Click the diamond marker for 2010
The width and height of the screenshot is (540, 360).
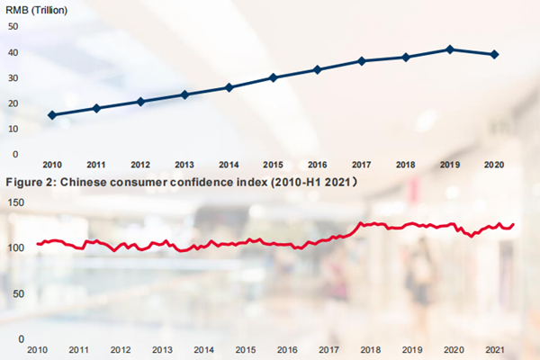[52, 115]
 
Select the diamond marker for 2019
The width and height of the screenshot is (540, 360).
[450, 49]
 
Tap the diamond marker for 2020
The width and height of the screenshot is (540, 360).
[494, 55]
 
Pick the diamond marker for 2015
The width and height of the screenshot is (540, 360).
[273, 77]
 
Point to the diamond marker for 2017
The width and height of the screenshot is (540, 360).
[362, 61]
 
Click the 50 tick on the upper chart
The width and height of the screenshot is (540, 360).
[13, 25]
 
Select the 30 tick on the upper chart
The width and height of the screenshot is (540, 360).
[13, 77]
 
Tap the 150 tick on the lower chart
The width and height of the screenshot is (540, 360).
[15, 202]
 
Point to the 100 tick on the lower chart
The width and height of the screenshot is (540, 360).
[15, 247]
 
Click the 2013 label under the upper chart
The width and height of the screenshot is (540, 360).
[184, 165]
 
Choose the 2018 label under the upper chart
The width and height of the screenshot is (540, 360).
[406, 165]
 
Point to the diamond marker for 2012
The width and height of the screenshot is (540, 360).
[140, 102]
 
